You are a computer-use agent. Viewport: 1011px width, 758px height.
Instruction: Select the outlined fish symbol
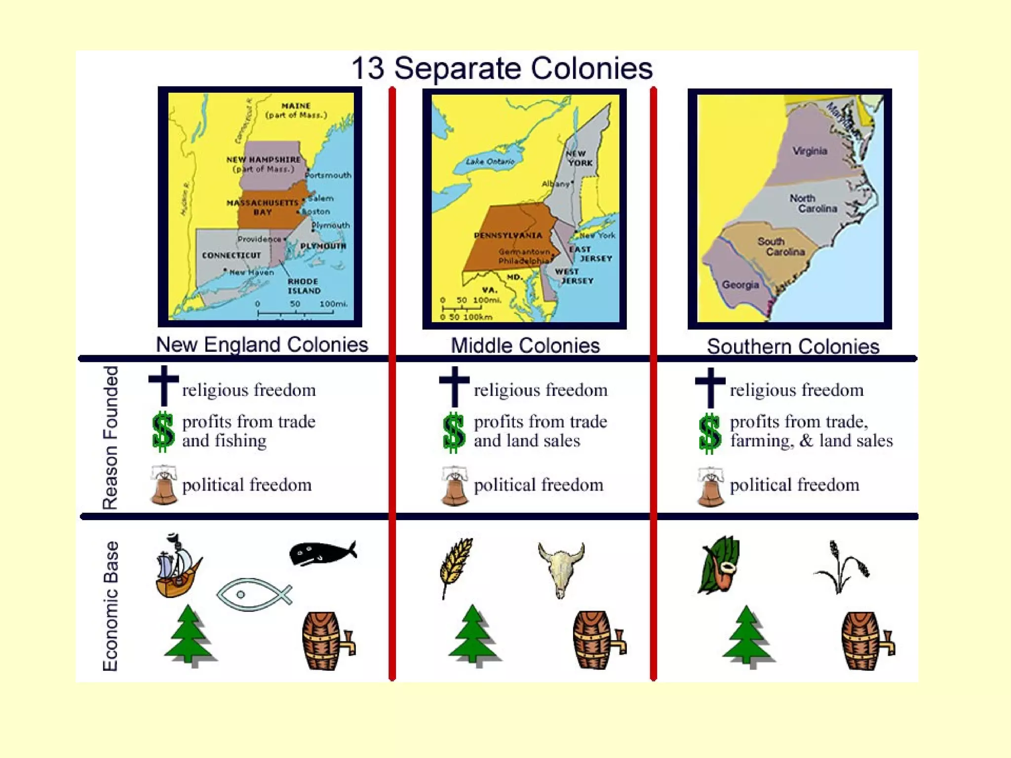pyautogui.click(x=254, y=594)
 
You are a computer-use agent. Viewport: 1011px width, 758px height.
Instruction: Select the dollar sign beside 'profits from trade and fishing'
pyautogui.click(x=163, y=432)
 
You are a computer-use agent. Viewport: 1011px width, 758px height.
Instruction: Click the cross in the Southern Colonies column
pyautogui.click(x=710, y=387)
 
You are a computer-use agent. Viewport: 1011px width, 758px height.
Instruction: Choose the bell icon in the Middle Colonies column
pyautogui.click(x=454, y=486)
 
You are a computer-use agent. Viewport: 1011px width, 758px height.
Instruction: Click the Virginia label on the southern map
pyautogui.click(x=810, y=151)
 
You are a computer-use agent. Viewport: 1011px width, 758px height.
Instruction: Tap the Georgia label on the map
pyautogui.click(x=740, y=285)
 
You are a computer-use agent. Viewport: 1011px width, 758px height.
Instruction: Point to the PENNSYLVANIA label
pyautogui.click(x=508, y=235)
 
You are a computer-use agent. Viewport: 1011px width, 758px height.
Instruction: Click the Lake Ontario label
pyautogui.click(x=490, y=161)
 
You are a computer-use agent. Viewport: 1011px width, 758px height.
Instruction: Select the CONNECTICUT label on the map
pyautogui.click(x=231, y=255)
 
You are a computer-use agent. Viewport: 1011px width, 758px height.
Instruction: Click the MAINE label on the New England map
pyautogui.click(x=296, y=106)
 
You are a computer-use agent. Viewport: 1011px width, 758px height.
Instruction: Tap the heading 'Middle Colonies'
pyautogui.click(x=525, y=345)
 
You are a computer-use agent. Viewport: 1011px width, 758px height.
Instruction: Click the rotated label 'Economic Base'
pyautogui.click(x=111, y=606)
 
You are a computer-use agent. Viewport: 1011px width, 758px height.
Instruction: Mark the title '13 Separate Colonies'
pyautogui.click(x=502, y=68)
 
